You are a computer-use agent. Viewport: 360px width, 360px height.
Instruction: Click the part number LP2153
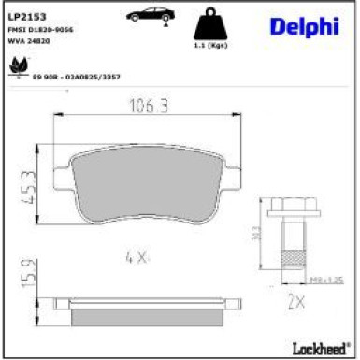[x=28, y=16]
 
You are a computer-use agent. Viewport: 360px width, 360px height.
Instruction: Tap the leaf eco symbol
[x=17, y=66]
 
